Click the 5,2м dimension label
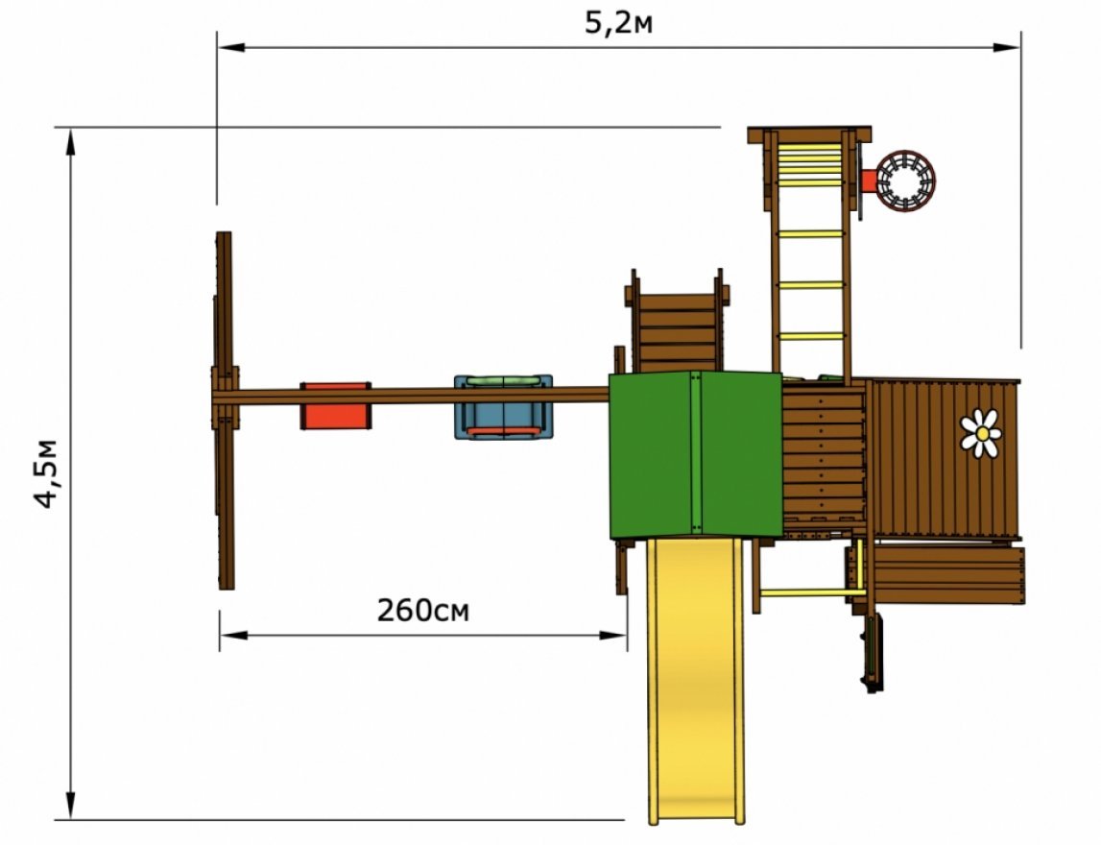point(618,23)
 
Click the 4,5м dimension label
point(47,474)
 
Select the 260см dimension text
point(422,611)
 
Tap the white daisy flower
point(981,433)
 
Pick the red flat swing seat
point(336,406)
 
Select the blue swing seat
point(503,407)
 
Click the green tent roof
point(695,455)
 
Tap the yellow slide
point(696,680)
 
